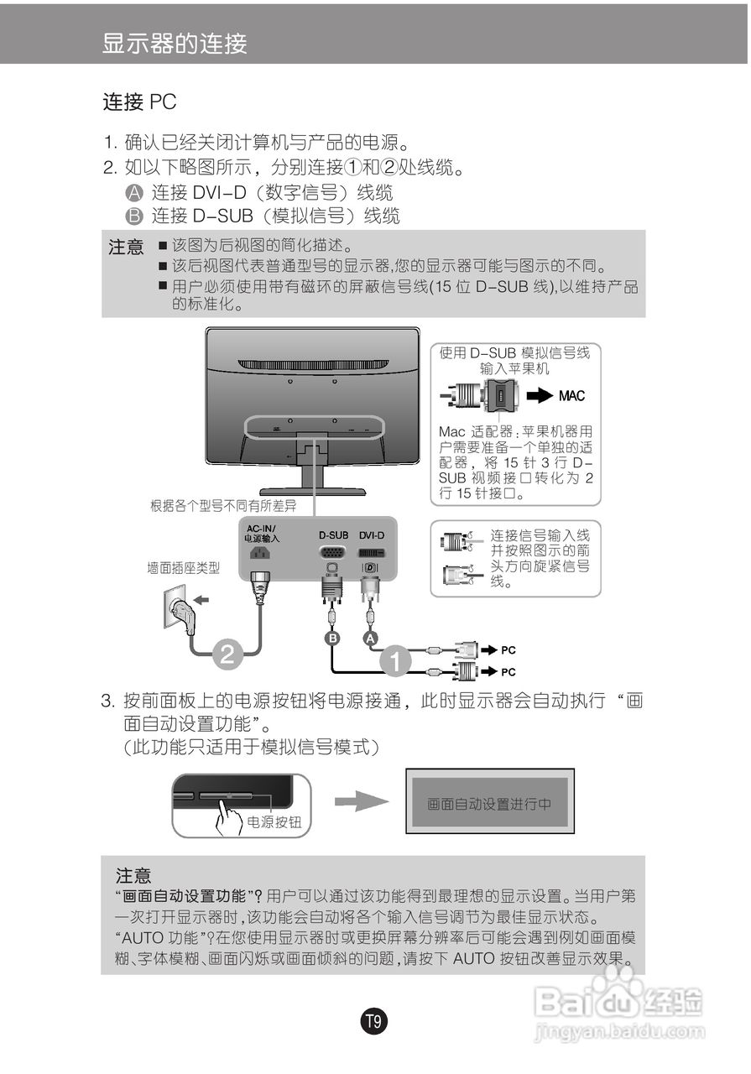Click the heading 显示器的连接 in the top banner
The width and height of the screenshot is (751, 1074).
coord(175,43)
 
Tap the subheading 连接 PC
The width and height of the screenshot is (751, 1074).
coord(139,103)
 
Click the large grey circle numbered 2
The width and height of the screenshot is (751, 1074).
coord(227,654)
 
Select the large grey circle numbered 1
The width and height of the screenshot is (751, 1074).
coord(397,660)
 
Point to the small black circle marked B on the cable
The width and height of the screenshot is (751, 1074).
coord(333,639)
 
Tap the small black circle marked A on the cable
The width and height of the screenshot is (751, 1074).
coord(370,639)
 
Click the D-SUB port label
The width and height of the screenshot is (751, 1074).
coord(333,534)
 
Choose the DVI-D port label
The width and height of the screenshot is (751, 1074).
coord(372,534)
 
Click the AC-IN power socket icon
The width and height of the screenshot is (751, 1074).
coord(260,554)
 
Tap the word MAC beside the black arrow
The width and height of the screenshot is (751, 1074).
coord(571,396)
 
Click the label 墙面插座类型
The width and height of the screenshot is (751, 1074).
coord(184,568)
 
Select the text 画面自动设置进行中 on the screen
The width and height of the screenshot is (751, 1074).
coord(489,804)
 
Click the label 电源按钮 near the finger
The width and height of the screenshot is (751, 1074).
coord(274,822)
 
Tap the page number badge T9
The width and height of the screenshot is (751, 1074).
coord(374,1022)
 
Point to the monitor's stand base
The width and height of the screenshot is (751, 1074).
coord(312,490)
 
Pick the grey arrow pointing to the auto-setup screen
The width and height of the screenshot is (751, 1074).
coord(362,802)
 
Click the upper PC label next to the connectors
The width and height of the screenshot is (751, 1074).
coord(508,649)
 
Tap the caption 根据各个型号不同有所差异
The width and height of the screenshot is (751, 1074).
coord(223,506)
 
